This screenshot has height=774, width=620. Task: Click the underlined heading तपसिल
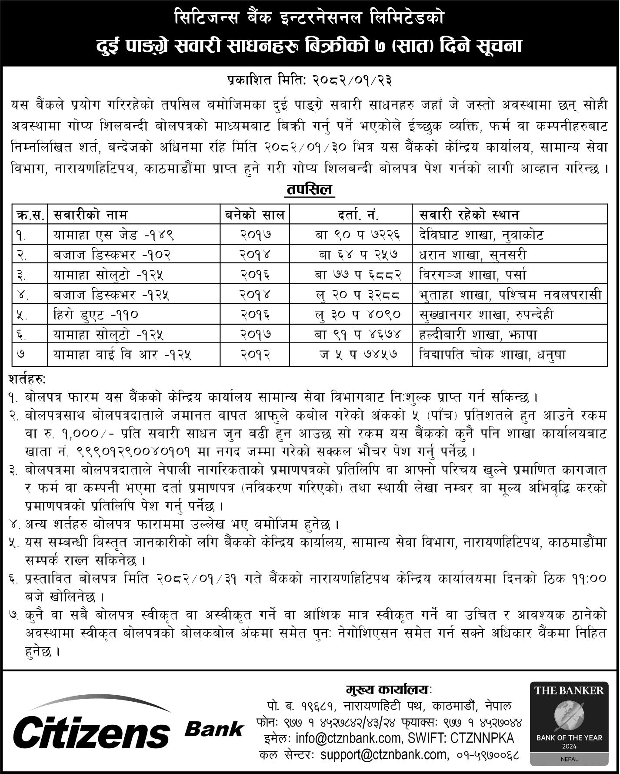click(x=309, y=190)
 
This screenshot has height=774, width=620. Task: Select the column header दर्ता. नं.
click(x=351, y=215)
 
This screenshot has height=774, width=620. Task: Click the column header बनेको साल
click(x=255, y=215)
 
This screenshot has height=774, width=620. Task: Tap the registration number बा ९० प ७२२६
click(x=351, y=235)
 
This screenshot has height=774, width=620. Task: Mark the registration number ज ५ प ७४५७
click(x=351, y=354)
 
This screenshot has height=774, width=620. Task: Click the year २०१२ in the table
click(x=255, y=354)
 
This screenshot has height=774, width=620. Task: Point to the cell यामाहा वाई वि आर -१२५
click(x=122, y=354)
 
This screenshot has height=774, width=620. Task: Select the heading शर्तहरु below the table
click(x=27, y=379)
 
